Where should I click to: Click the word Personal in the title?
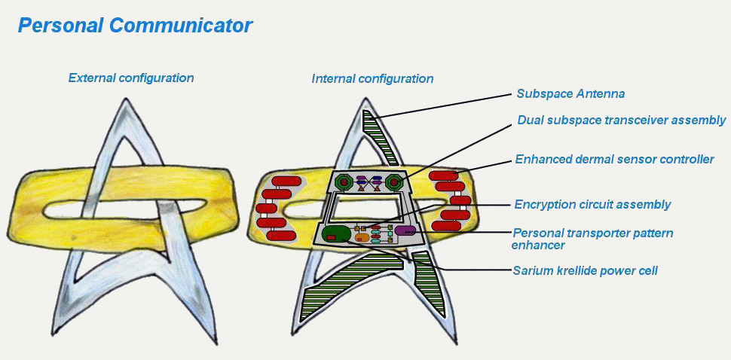click(x=60, y=26)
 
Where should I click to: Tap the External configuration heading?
click(x=131, y=78)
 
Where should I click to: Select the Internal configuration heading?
click(x=372, y=79)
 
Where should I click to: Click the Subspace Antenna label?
click(x=570, y=93)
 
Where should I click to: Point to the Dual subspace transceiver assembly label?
click(x=622, y=121)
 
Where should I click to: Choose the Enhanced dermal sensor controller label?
click(x=614, y=160)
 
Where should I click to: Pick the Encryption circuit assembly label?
click(x=592, y=204)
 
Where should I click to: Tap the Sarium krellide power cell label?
click(x=585, y=270)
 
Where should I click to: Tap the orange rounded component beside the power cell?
click(x=361, y=237)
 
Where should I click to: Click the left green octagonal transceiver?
click(x=344, y=182)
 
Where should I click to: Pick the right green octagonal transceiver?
click(x=394, y=182)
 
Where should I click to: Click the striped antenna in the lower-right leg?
click(x=428, y=282)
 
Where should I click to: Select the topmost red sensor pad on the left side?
click(x=286, y=181)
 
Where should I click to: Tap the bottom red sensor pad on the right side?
click(x=446, y=226)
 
